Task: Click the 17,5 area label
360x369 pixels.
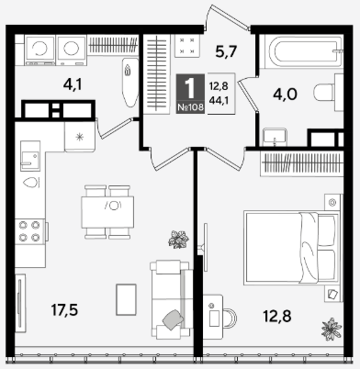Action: point(64,310)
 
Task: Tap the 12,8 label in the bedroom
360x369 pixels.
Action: point(277,316)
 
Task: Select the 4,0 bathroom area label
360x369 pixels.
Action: point(285,95)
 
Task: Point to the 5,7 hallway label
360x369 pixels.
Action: point(226,51)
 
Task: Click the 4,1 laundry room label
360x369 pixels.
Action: point(73,84)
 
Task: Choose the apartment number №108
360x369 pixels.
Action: point(190,107)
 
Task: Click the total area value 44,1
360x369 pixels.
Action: point(219,100)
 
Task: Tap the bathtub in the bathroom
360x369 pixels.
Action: point(305,51)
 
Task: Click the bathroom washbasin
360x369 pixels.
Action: point(275,137)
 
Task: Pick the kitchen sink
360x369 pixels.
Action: point(30,156)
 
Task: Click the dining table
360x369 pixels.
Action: point(107,212)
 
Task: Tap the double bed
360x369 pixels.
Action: point(291,248)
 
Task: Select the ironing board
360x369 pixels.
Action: point(129,83)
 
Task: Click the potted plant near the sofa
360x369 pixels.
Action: point(178,240)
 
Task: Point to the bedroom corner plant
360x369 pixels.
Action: point(332,330)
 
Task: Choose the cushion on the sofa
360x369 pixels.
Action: point(174,319)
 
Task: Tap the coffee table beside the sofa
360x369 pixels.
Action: point(126,299)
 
